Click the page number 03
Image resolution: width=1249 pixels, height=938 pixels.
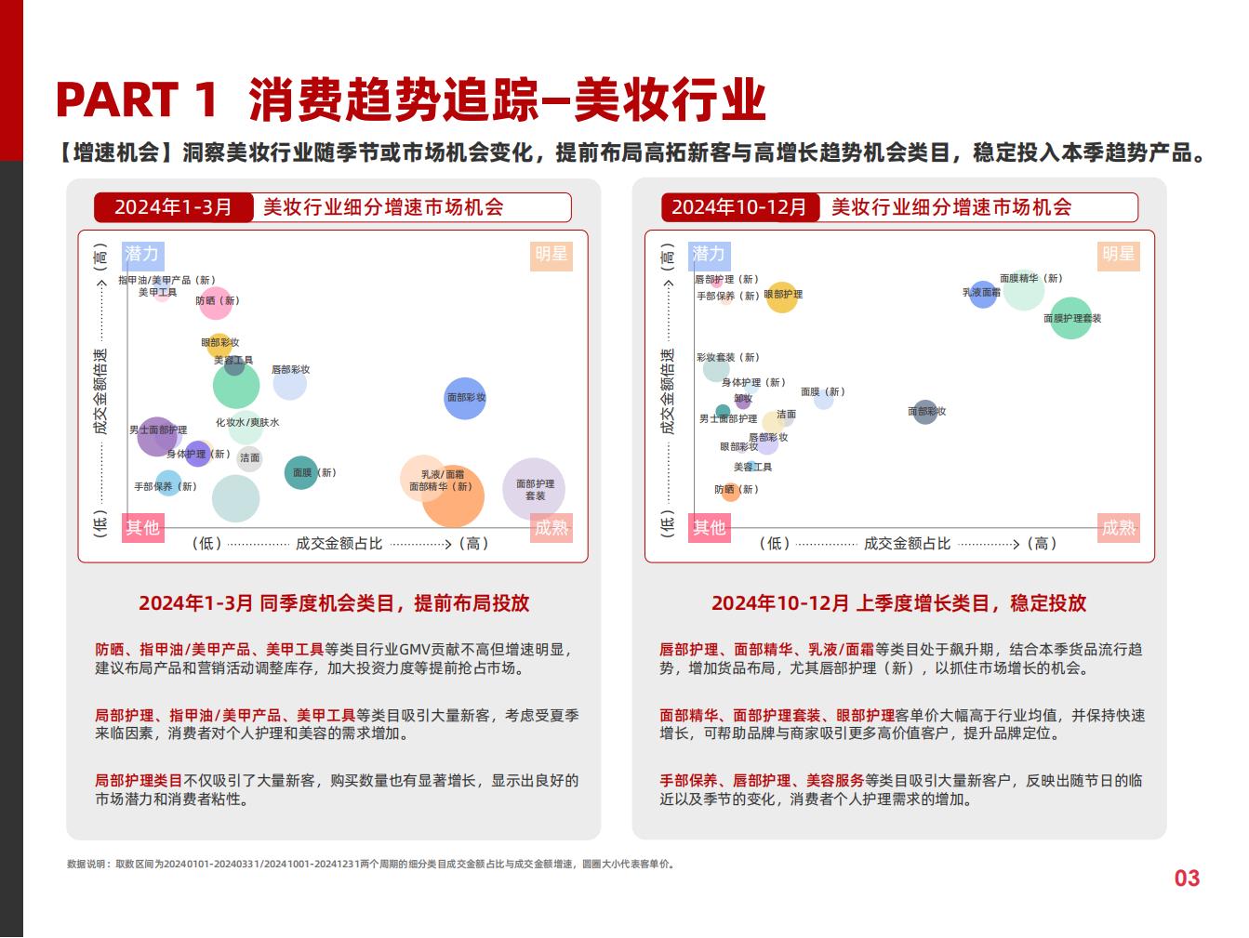click(1187, 878)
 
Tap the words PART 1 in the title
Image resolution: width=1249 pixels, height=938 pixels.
click(137, 99)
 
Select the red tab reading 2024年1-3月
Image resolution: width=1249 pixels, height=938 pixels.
click(174, 207)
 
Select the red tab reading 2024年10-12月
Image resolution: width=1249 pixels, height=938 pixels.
click(739, 207)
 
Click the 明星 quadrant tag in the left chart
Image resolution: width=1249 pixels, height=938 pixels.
click(551, 255)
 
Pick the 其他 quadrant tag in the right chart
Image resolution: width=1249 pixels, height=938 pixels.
click(709, 528)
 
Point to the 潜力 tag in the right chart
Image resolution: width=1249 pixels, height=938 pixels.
click(709, 255)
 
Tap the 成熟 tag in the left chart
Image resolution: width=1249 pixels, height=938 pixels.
click(551, 528)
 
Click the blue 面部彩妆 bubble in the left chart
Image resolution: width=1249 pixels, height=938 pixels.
click(465, 398)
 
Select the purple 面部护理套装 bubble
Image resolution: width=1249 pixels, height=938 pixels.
click(534, 489)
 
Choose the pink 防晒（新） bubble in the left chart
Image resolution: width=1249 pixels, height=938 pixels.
click(216, 304)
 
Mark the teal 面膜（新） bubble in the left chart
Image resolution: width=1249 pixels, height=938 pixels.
click(301, 472)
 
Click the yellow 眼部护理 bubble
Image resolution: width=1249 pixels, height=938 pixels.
click(782, 297)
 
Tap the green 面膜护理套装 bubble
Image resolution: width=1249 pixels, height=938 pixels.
click(1070, 318)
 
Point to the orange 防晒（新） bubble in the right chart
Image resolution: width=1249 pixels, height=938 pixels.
click(731, 492)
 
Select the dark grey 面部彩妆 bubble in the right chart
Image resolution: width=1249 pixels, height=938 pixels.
click(925, 412)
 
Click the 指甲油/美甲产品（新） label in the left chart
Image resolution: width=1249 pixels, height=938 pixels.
click(166, 280)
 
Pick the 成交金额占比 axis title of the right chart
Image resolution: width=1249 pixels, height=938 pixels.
click(907, 544)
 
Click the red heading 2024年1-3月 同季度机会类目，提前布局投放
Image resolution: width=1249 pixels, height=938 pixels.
click(334, 603)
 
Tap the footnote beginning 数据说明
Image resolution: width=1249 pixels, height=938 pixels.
click(371, 864)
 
